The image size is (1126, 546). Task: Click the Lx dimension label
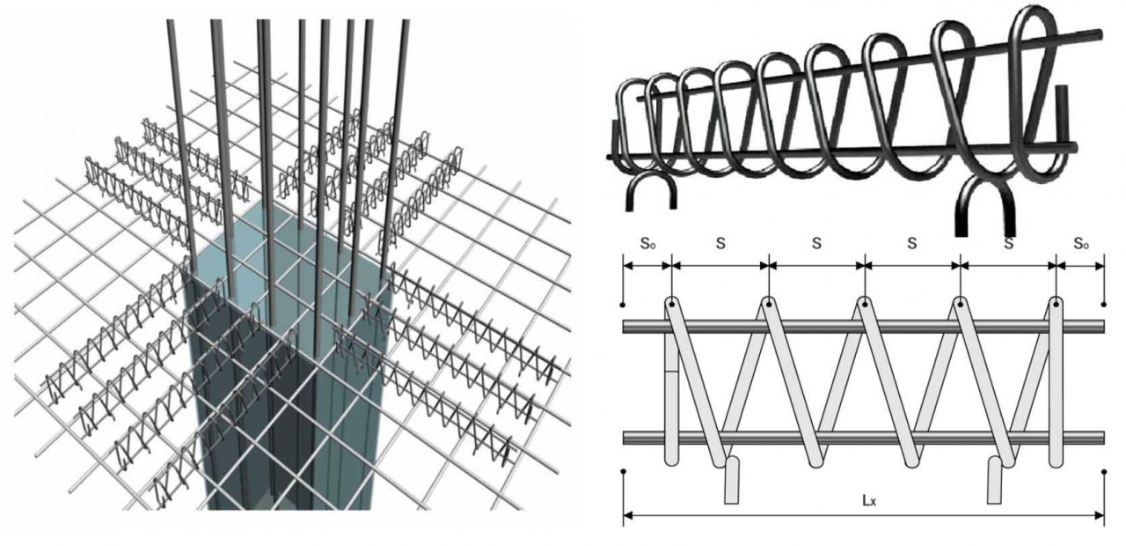[869, 501]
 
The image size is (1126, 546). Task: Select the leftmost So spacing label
[647, 244]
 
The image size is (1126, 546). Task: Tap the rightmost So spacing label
[1081, 244]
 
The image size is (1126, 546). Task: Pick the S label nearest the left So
[720, 244]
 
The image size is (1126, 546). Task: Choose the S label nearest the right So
[1008, 244]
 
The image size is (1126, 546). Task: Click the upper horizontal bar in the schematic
[864, 327]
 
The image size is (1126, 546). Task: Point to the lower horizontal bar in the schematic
[864, 438]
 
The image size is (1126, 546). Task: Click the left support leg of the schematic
[732, 480]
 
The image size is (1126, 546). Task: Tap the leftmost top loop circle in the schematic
[672, 304]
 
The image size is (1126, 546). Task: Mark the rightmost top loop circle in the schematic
[1056, 304]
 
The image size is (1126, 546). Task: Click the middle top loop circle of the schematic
[864, 304]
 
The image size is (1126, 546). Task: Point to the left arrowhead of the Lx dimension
[627, 515]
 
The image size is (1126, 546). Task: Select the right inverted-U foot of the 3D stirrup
[984, 180]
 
